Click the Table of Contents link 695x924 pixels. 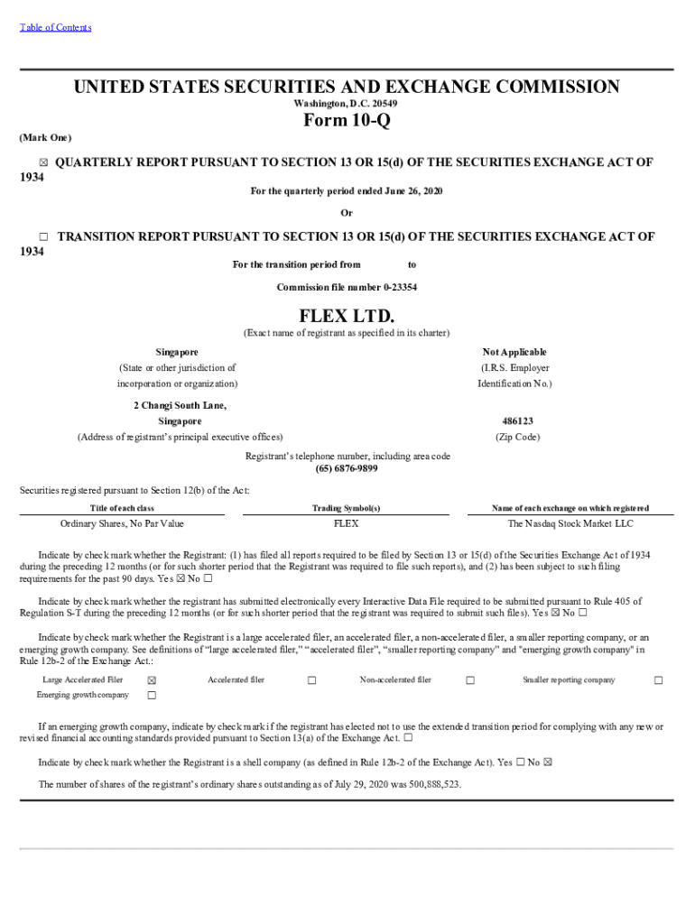point(55,27)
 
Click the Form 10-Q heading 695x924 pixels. point(347,120)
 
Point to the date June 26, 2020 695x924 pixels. point(412,191)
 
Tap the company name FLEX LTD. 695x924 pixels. point(347,316)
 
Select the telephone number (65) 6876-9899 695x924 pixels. point(347,469)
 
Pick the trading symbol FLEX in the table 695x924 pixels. point(347,523)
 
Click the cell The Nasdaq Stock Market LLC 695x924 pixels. point(570,523)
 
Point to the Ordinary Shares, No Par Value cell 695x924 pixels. point(122,523)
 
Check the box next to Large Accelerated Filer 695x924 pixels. point(152,680)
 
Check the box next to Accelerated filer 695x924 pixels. point(311,680)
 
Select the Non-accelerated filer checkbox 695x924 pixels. point(470,680)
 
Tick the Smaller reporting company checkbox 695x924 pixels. point(658,680)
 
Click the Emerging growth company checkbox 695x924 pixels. point(152,696)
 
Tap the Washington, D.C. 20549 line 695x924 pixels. point(347,104)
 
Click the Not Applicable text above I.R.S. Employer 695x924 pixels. point(514,352)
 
